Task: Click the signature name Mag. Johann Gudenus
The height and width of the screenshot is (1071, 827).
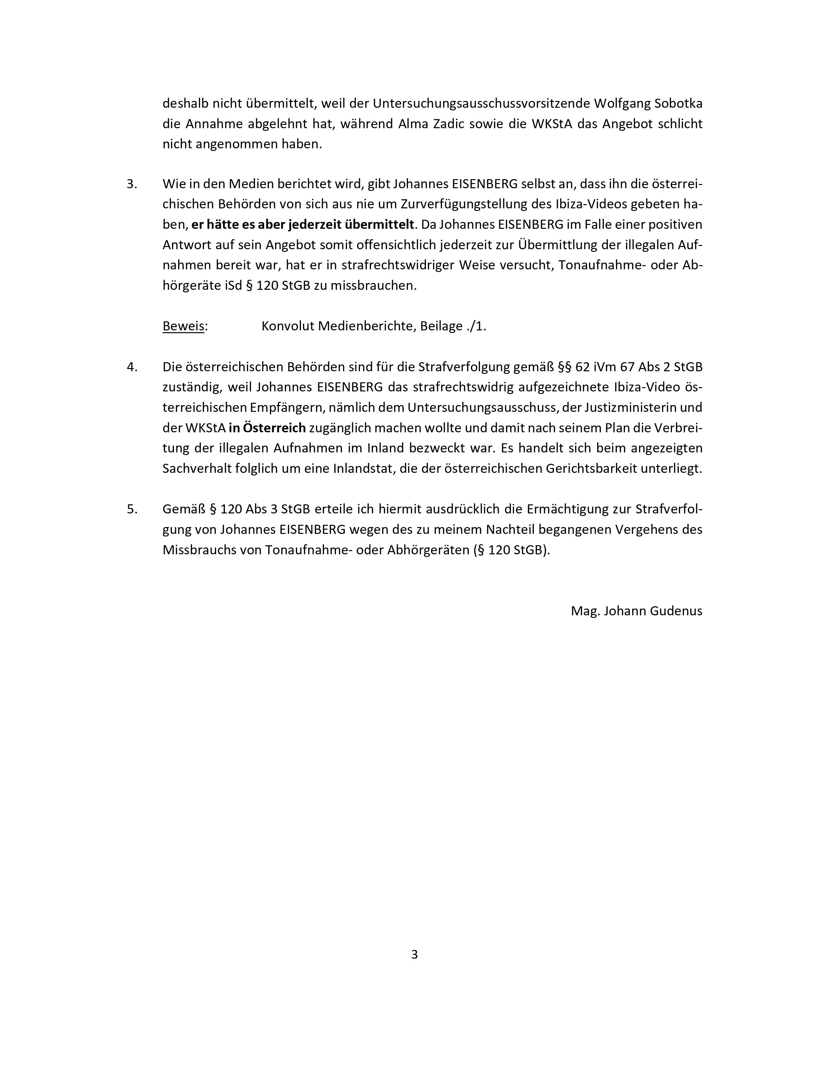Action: click(636, 611)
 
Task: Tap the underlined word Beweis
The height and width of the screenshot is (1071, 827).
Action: click(183, 326)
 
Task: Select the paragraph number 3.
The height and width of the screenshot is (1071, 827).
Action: click(132, 184)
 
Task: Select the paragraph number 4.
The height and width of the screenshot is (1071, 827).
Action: click(132, 367)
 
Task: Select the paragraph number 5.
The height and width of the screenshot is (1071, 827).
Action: click(132, 509)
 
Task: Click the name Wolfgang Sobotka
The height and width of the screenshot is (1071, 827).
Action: click(648, 104)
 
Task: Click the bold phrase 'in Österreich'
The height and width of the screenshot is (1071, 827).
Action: click(267, 428)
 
